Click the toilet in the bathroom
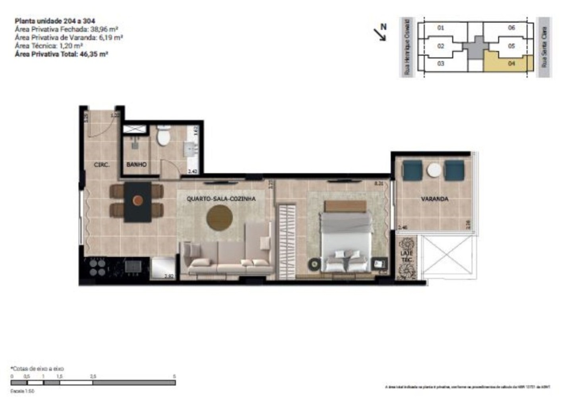click(x=164, y=136)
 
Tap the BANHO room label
click(x=136, y=164)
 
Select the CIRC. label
click(x=101, y=165)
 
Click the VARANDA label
click(x=434, y=199)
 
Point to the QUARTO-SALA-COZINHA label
click(x=221, y=198)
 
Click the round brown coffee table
click(x=219, y=218)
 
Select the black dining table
click(x=137, y=202)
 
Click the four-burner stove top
click(x=97, y=267)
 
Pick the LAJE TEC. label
click(x=407, y=256)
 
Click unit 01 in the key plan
click(x=440, y=28)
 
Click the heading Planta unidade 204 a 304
click(x=55, y=21)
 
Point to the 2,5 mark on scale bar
click(x=93, y=376)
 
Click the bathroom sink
click(x=192, y=149)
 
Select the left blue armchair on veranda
click(x=412, y=171)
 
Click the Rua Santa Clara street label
click(x=544, y=47)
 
